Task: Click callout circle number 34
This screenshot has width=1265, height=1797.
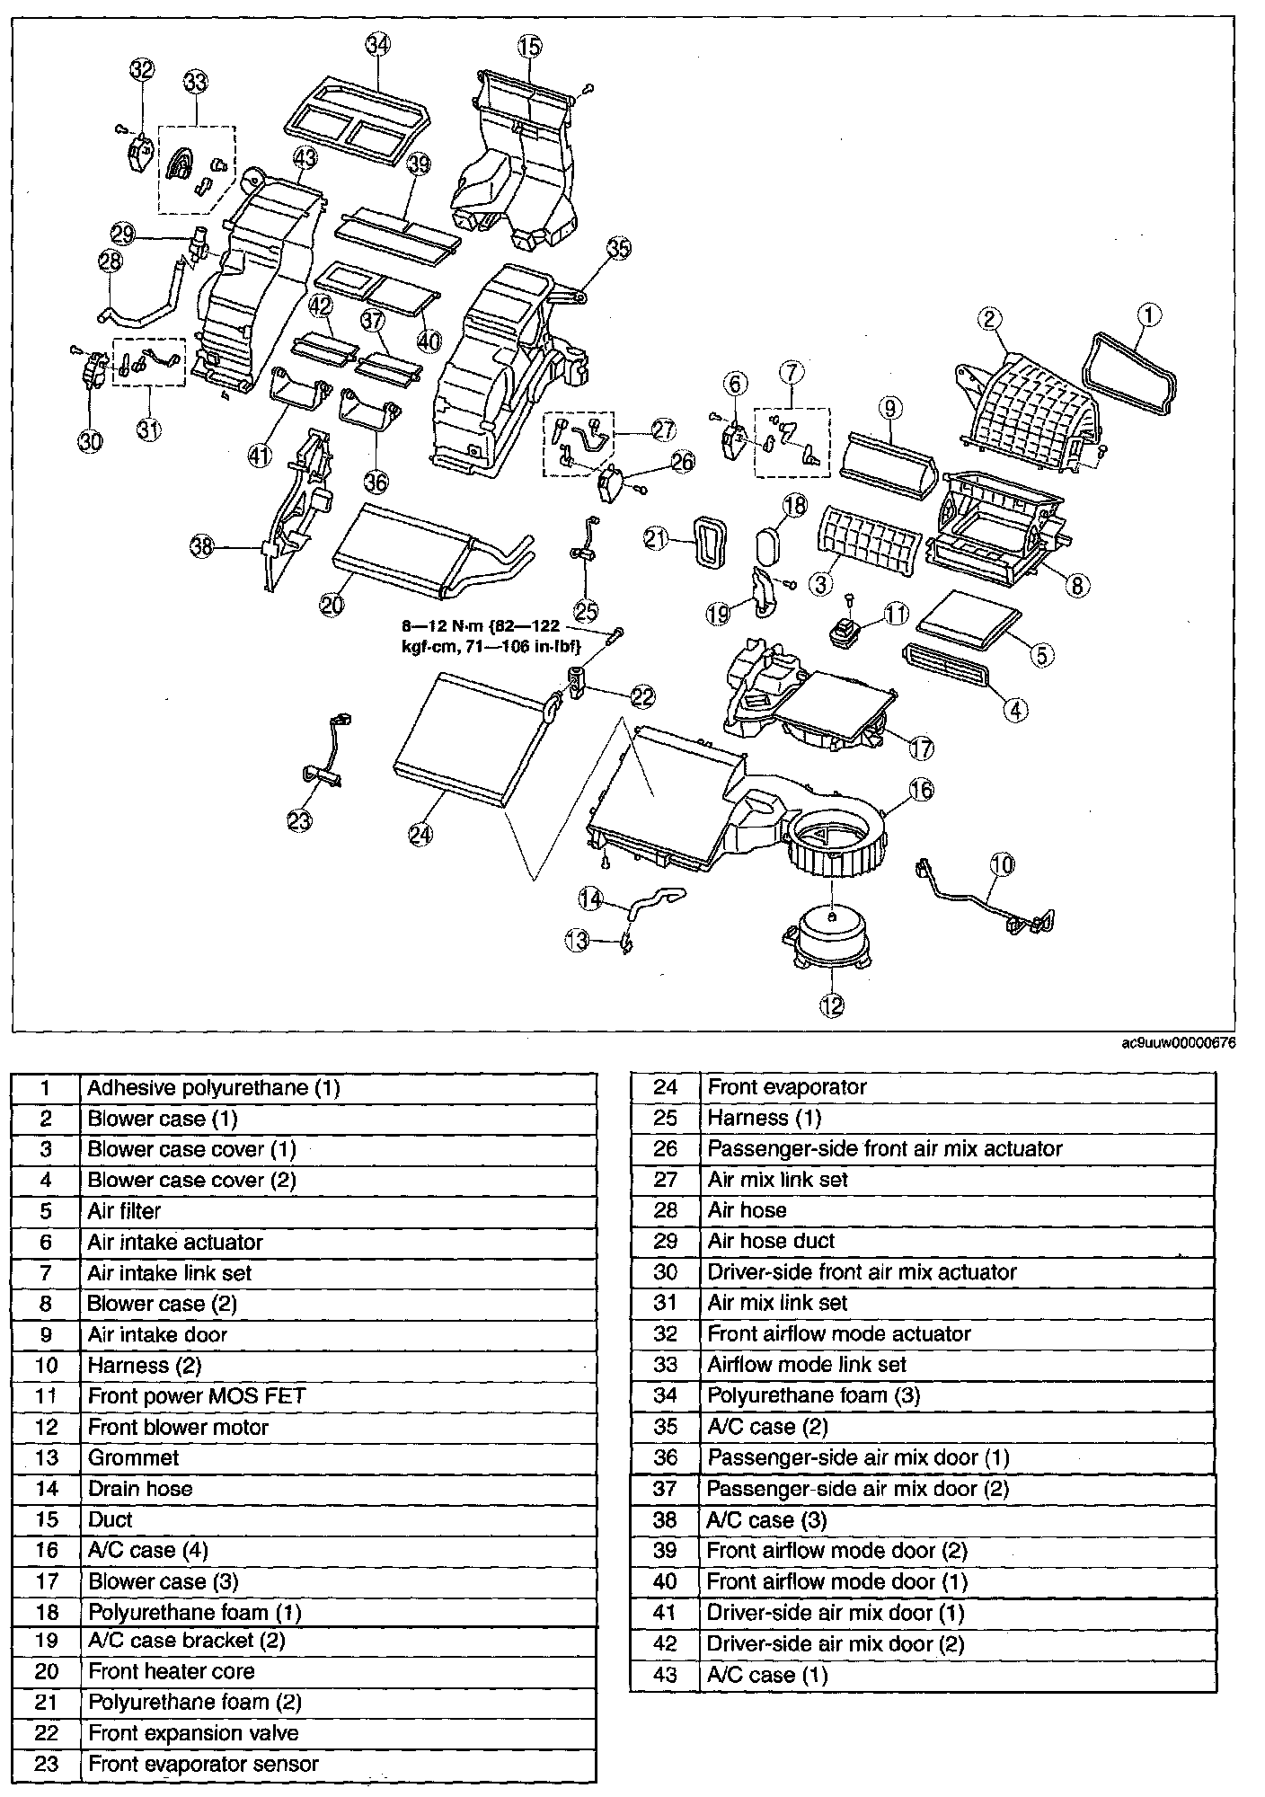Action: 379,44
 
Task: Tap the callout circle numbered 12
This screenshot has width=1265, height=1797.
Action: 832,1005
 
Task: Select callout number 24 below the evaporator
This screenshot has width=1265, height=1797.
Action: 420,834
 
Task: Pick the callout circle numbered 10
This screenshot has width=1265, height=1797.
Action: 1003,864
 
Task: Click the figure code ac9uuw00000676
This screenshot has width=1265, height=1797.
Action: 1179,1043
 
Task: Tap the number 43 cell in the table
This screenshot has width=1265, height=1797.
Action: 665,1675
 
